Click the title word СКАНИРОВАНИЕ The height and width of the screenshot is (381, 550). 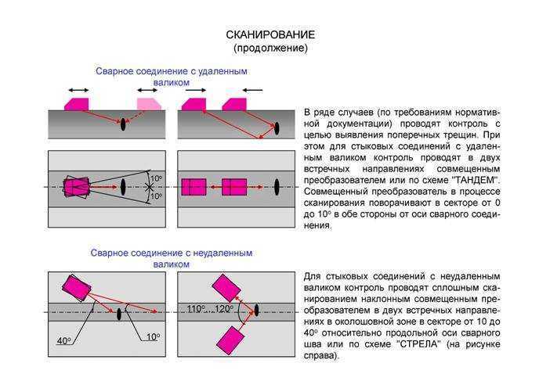tap(270, 34)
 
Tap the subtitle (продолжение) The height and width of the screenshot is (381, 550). tap(270, 48)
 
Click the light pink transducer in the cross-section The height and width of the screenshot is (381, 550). tap(148, 104)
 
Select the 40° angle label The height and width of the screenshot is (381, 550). tap(63, 340)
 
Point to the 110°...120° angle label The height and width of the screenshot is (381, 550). tap(210, 309)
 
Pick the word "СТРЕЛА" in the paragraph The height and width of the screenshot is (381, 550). tap(418, 344)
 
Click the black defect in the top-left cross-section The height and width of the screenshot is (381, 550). tap(123, 124)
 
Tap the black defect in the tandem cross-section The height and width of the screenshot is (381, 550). tap(277, 128)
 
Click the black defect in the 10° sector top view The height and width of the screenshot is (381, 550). tap(123, 187)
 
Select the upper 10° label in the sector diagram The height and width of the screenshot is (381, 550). tap(156, 179)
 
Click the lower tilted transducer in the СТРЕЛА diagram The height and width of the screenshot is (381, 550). tap(230, 340)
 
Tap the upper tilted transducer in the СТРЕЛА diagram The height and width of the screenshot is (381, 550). tap(226, 288)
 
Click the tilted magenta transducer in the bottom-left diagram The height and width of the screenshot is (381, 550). tap(77, 288)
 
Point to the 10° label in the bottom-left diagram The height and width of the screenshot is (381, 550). tap(153, 337)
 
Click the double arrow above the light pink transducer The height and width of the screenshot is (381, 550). tap(147, 90)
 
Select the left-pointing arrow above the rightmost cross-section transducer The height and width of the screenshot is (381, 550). tap(252, 90)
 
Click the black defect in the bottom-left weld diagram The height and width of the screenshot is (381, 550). tap(119, 314)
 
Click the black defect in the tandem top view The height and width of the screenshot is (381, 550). tap(277, 187)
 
